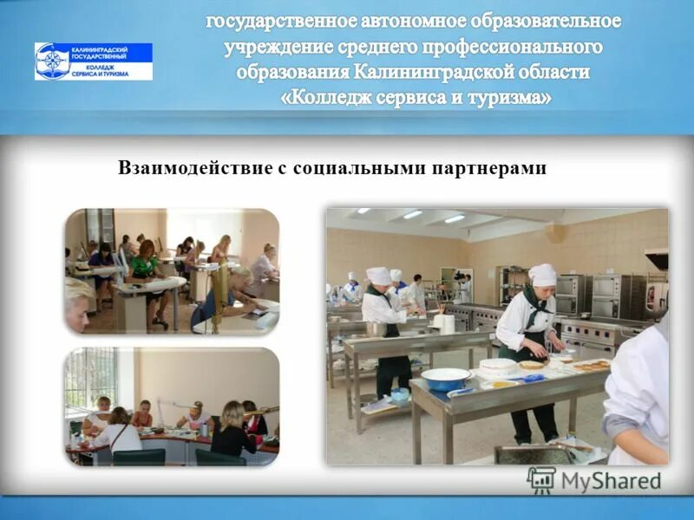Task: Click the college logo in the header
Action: [x=93, y=62]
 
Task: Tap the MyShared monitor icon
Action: [x=541, y=480]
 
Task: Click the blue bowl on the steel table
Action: [x=446, y=378]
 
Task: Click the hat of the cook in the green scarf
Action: [x=542, y=275]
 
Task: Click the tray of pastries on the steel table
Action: [x=590, y=365]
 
